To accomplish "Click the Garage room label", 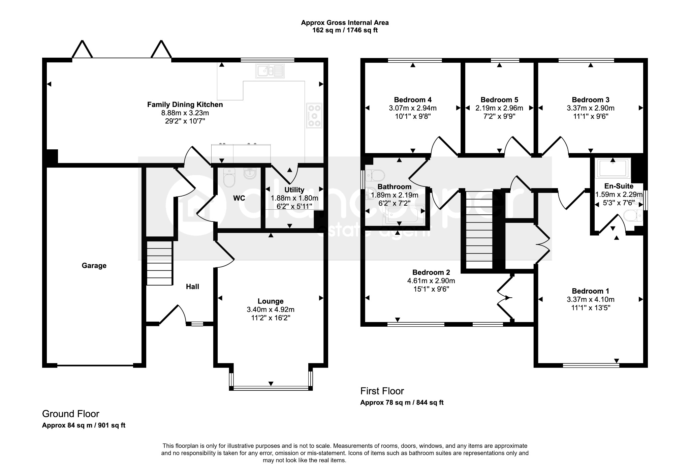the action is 94,266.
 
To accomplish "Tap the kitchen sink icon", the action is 271,71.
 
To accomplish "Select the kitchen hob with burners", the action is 314,116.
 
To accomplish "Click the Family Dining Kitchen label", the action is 185,105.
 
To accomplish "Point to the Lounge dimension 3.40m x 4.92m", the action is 271,309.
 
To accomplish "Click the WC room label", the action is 239,198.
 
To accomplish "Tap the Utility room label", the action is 294,190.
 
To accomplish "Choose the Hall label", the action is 192,287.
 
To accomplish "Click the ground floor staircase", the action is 160,263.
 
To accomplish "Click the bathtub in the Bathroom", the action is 402,214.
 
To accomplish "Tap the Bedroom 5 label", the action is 499,100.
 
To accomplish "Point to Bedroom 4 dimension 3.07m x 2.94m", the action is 413,108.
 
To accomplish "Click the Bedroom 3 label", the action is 591,100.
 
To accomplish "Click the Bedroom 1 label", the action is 591,291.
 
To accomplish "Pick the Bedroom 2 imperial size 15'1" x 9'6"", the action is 431,289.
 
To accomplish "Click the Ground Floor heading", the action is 71,414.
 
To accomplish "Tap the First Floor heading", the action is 382,391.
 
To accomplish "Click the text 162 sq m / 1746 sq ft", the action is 345,30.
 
